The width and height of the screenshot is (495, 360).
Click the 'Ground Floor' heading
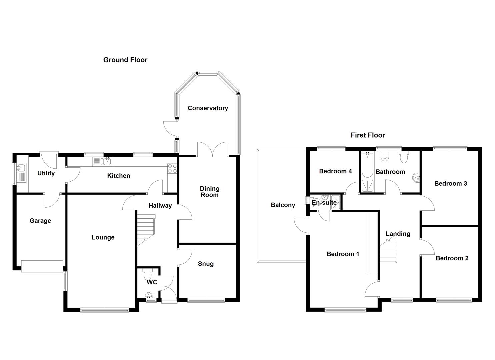pos(125,60)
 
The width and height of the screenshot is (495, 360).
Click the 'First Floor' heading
pos(368,135)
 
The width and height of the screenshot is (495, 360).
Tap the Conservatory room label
pos(208,108)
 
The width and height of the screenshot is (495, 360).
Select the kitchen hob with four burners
pos(172,169)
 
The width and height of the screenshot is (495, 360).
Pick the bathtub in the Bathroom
pos(367,165)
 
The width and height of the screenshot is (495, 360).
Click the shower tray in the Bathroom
pos(367,186)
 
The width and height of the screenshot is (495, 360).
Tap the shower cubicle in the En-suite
pos(335,203)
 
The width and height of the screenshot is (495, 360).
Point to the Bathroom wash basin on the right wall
pos(416,177)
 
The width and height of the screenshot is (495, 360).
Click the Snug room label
pos(206,264)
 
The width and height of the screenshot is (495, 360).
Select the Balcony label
pos(283,205)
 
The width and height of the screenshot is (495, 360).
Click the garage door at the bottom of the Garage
pos(42,266)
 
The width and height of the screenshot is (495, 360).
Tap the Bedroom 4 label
pos(335,171)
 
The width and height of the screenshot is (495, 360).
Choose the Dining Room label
pos(209,192)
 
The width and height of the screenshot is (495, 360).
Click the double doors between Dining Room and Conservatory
pos(212,149)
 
